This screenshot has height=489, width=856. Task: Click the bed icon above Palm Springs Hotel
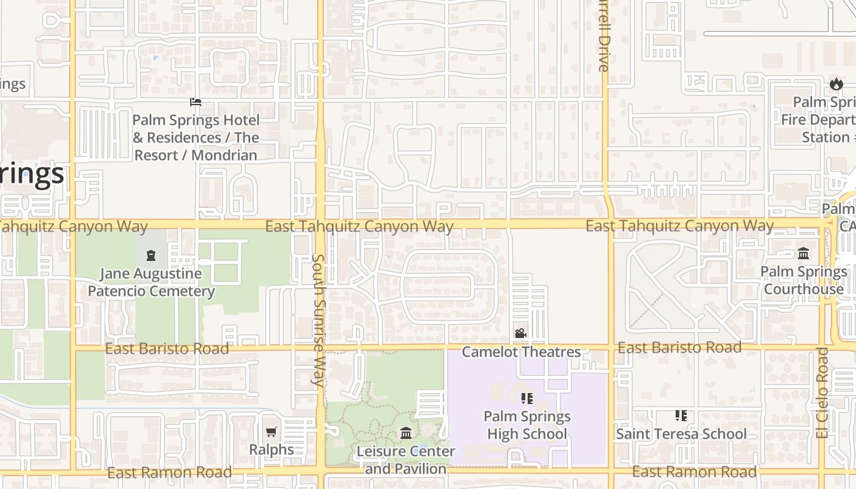[x=196, y=101]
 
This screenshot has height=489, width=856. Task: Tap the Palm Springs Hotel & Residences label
[x=196, y=138]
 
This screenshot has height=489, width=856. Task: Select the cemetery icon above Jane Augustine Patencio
[x=151, y=255]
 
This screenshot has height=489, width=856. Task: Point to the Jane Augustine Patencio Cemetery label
[x=151, y=282]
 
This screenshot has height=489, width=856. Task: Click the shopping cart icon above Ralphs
[x=271, y=432]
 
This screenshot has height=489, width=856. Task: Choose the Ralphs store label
[x=271, y=449]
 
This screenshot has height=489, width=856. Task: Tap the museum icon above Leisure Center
[x=406, y=433]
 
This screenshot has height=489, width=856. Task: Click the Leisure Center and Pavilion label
[x=406, y=460]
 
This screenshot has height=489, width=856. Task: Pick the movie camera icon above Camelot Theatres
[x=520, y=333]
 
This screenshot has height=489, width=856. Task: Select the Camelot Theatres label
[x=521, y=351]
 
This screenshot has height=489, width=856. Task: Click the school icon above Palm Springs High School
[x=526, y=399]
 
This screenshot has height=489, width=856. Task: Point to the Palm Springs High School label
[x=526, y=425]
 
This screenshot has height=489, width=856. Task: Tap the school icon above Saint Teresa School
[x=681, y=416]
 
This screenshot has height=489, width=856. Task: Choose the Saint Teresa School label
[x=681, y=433]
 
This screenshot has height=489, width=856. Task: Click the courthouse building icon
[x=803, y=253]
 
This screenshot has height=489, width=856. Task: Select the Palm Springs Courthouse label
[x=803, y=280]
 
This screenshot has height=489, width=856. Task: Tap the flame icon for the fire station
[x=836, y=84]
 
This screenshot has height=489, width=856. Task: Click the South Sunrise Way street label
[x=318, y=320]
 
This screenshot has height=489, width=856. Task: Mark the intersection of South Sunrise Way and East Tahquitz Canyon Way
[x=320, y=224]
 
